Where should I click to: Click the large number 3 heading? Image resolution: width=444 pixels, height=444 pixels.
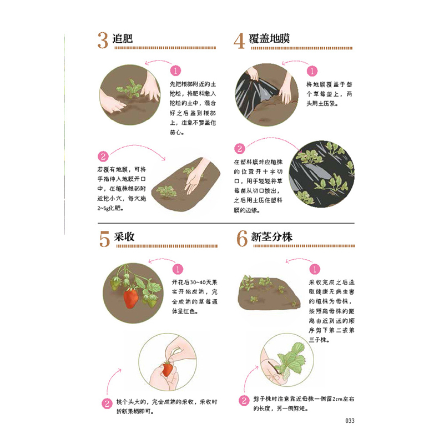click(x=103, y=41)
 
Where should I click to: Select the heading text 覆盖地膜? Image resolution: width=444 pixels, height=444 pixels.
click(x=270, y=39)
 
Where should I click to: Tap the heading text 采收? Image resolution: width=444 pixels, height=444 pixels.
click(x=125, y=236)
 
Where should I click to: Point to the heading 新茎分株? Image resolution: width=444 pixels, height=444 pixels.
click(x=273, y=236)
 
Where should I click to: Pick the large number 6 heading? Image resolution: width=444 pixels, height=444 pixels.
click(x=241, y=238)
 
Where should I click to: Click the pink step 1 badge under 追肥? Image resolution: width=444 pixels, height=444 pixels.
click(x=175, y=72)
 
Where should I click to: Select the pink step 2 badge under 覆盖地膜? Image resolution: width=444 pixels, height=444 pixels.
click(x=240, y=149)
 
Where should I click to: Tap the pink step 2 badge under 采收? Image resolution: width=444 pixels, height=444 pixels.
click(x=105, y=403)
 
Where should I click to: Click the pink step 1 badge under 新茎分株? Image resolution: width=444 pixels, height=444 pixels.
click(x=315, y=269)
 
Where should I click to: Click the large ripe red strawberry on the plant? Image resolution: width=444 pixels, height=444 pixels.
click(x=131, y=298)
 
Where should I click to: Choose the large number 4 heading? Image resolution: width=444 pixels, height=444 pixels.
click(x=239, y=41)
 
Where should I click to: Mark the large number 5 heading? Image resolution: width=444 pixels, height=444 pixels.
click(x=104, y=238)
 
